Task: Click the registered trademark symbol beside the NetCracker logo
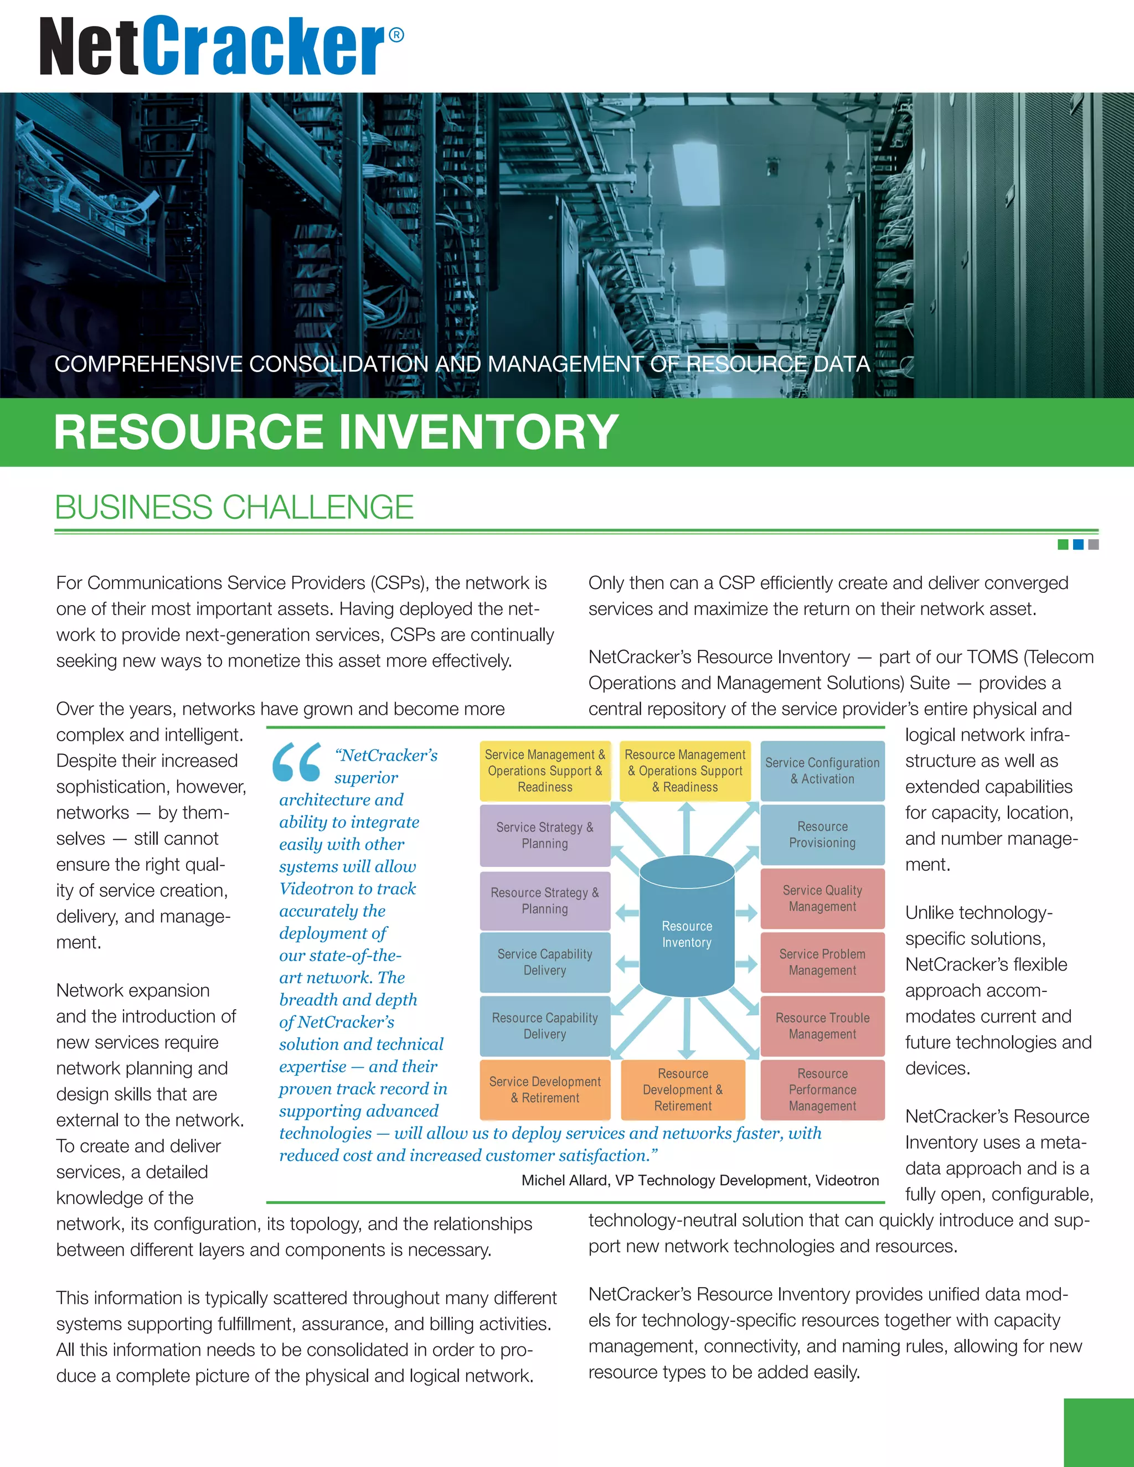coord(396,35)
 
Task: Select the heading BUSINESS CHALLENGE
coord(234,507)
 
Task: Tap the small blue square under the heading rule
coord(1078,545)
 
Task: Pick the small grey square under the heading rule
coord(1093,545)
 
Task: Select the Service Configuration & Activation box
coord(822,771)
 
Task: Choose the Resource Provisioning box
coord(822,834)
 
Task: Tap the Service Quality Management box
coord(822,898)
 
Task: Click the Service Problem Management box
coord(822,962)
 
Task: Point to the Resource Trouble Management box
coord(822,1026)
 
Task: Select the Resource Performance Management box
coord(822,1089)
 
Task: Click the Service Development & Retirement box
coord(545,1089)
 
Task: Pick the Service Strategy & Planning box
coord(545,835)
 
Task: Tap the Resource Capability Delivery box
coord(545,1026)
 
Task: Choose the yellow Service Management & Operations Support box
coord(545,771)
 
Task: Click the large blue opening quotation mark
coord(296,762)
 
